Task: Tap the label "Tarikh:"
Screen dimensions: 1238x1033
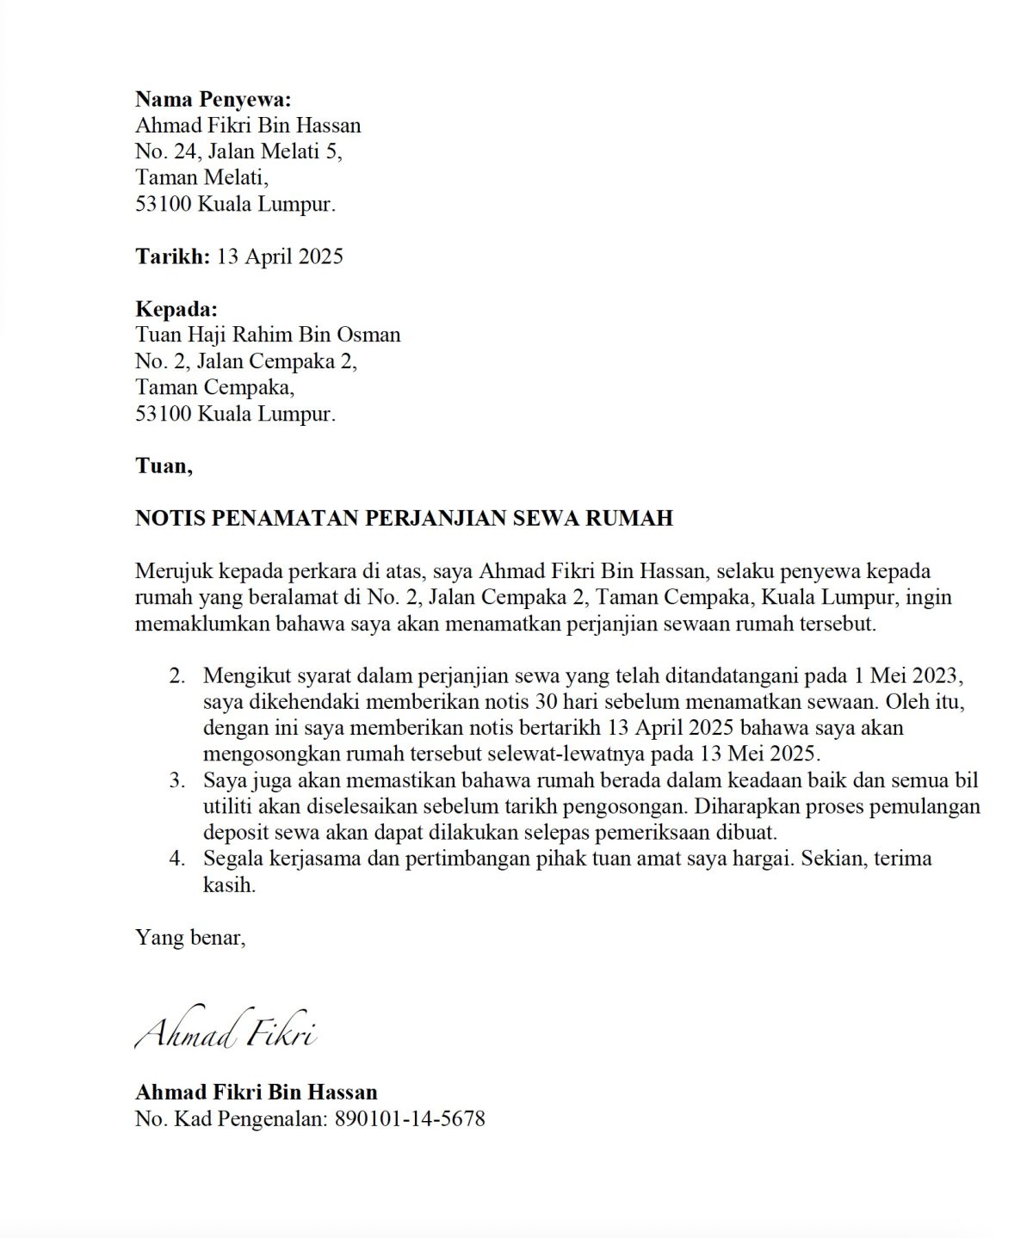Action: pyautogui.click(x=172, y=256)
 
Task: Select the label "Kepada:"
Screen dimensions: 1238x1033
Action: pyautogui.click(x=176, y=308)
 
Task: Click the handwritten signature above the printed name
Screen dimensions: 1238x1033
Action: pyautogui.click(x=226, y=1030)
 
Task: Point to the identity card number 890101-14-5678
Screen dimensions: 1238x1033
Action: pyautogui.click(x=410, y=1118)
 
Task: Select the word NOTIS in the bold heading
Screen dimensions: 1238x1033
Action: pyautogui.click(x=170, y=518)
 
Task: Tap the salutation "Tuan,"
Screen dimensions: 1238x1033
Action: pyautogui.click(x=164, y=465)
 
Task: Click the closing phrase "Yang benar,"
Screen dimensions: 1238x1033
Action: pyautogui.click(x=190, y=937)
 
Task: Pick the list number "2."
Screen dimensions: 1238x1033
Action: pyautogui.click(x=177, y=675)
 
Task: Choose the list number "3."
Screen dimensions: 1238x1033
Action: pyautogui.click(x=177, y=780)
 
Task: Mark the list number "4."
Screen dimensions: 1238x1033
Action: pyautogui.click(x=177, y=859)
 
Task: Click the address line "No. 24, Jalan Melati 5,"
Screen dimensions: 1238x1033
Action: pyautogui.click(x=238, y=151)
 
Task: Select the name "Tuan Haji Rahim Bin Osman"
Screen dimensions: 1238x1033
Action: pyautogui.click(x=268, y=335)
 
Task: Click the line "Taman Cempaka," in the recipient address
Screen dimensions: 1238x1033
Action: pyautogui.click(x=214, y=387)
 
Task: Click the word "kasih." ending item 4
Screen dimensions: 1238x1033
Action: pyautogui.click(x=229, y=884)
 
